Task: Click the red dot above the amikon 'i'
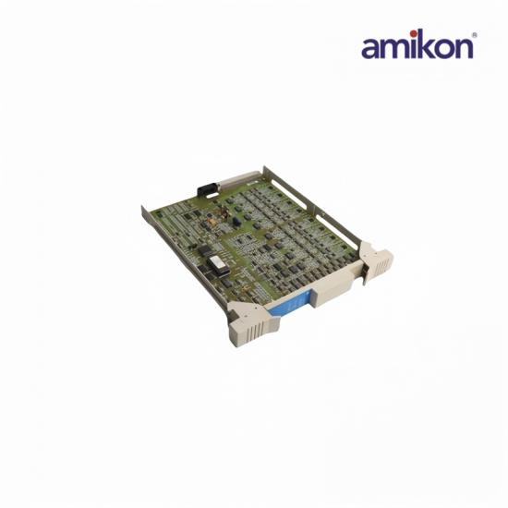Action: [x=413, y=33]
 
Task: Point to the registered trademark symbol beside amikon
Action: [x=475, y=34]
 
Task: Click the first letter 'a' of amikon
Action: [x=370, y=49]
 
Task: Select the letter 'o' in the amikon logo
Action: [x=446, y=49]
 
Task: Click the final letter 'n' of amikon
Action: [x=465, y=49]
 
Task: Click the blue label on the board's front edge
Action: [x=291, y=303]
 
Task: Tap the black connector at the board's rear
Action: [x=208, y=189]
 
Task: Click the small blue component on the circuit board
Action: [x=236, y=222]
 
